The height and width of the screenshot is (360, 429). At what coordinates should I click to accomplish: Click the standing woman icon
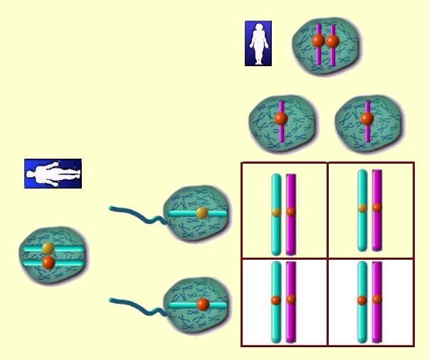[x=258, y=43]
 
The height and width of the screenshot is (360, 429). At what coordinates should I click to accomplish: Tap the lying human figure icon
[x=53, y=173]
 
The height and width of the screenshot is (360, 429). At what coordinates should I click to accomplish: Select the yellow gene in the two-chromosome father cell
[x=48, y=248]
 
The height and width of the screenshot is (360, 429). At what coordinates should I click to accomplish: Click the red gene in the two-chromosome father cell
[x=48, y=262]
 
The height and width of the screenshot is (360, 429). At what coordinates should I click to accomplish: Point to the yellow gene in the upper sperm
[x=202, y=212]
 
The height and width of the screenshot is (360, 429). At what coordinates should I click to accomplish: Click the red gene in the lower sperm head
[x=203, y=305]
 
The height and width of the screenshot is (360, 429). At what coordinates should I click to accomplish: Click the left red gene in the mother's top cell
[x=318, y=41]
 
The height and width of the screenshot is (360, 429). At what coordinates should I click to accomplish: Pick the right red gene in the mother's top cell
[x=332, y=41]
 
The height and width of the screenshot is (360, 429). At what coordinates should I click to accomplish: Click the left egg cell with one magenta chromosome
[x=280, y=119]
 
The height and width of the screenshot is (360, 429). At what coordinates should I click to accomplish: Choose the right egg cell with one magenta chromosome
[x=367, y=119]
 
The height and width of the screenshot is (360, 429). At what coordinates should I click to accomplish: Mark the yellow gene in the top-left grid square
[x=276, y=211]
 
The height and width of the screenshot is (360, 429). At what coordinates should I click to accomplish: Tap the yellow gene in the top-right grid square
[x=363, y=208]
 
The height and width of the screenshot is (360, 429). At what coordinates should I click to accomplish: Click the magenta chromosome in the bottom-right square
[x=377, y=320]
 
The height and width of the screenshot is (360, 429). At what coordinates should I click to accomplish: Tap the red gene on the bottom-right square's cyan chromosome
[x=363, y=300]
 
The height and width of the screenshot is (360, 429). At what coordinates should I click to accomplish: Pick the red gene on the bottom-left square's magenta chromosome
[x=290, y=300]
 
